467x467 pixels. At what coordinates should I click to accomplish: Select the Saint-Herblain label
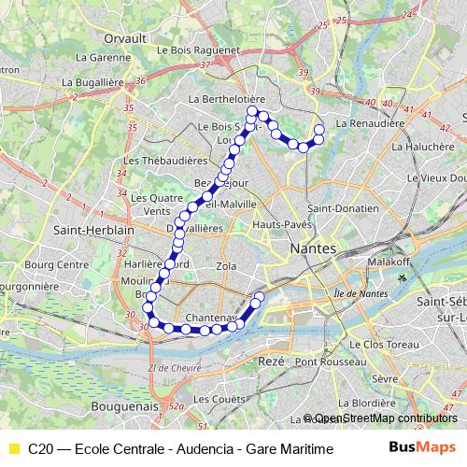(x=94, y=229)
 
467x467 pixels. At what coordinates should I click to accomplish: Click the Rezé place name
(x=272, y=360)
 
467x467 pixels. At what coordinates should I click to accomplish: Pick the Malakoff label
(x=386, y=264)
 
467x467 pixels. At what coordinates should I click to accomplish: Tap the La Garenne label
(x=101, y=56)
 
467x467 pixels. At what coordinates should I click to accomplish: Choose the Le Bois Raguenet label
(x=201, y=50)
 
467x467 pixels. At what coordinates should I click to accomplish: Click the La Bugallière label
(x=93, y=82)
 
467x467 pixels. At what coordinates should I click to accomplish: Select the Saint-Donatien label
(x=342, y=208)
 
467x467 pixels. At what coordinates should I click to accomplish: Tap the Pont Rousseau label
(x=323, y=361)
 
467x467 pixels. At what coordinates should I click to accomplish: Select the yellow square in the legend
(x=12, y=449)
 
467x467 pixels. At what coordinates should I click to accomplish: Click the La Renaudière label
(x=370, y=122)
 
